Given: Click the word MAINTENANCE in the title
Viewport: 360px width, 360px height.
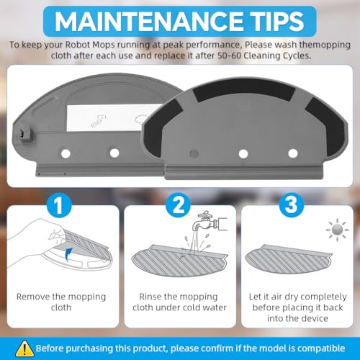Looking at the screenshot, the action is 149,21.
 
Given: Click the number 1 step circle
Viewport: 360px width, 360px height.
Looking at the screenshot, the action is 59,204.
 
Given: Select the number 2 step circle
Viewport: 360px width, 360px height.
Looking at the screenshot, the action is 178,204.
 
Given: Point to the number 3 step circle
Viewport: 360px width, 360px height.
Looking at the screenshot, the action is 292,204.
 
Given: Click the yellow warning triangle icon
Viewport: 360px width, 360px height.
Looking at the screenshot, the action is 24,348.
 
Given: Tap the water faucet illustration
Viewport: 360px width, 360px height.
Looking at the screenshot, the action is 209,222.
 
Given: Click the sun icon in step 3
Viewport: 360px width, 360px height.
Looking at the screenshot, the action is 337,230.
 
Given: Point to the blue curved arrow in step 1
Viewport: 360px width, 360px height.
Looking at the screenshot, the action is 68,255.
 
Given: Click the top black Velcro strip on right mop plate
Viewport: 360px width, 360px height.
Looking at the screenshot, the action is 244,90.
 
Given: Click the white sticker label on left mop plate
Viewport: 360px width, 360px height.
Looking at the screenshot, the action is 113,117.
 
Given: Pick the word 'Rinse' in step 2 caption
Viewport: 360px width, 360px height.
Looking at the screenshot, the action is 150,297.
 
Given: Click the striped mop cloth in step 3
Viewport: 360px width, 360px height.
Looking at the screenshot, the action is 289,260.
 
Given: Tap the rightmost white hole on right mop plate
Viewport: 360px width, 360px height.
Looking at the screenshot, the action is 293,153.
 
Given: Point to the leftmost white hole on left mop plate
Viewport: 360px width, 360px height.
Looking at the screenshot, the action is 66,153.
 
